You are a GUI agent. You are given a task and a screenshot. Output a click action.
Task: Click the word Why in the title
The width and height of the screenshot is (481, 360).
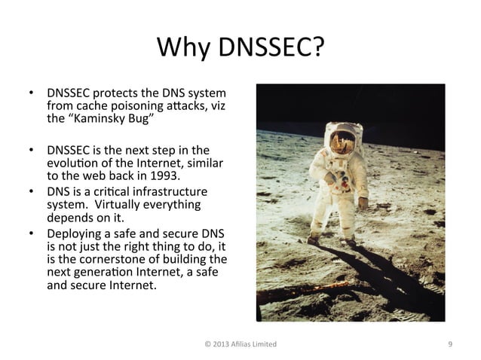183,50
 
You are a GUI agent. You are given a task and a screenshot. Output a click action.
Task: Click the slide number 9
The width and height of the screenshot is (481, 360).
449,344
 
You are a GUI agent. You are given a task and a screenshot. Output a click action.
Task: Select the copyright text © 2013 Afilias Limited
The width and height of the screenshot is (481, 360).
240,344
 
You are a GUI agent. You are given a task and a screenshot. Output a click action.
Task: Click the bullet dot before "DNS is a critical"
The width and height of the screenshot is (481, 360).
31,190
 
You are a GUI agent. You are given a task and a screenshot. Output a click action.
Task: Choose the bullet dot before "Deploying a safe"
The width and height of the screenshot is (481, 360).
31,232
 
